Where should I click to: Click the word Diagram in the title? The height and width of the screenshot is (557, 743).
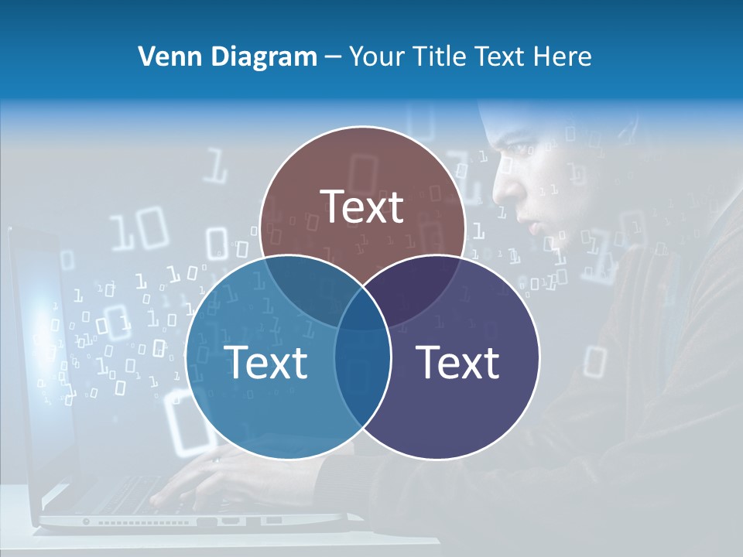(x=255, y=56)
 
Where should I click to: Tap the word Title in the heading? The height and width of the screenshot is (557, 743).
(x=440, y=56)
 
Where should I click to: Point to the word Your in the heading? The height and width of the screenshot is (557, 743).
(x=376, y=56)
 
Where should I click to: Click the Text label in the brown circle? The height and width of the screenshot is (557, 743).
(x=362, y=207)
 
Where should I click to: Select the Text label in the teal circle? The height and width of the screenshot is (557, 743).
(x=265, y=362)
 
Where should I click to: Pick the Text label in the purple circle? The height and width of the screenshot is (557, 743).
(x=458, y=362)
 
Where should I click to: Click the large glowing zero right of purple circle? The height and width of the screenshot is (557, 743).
(x=594, y=361)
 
